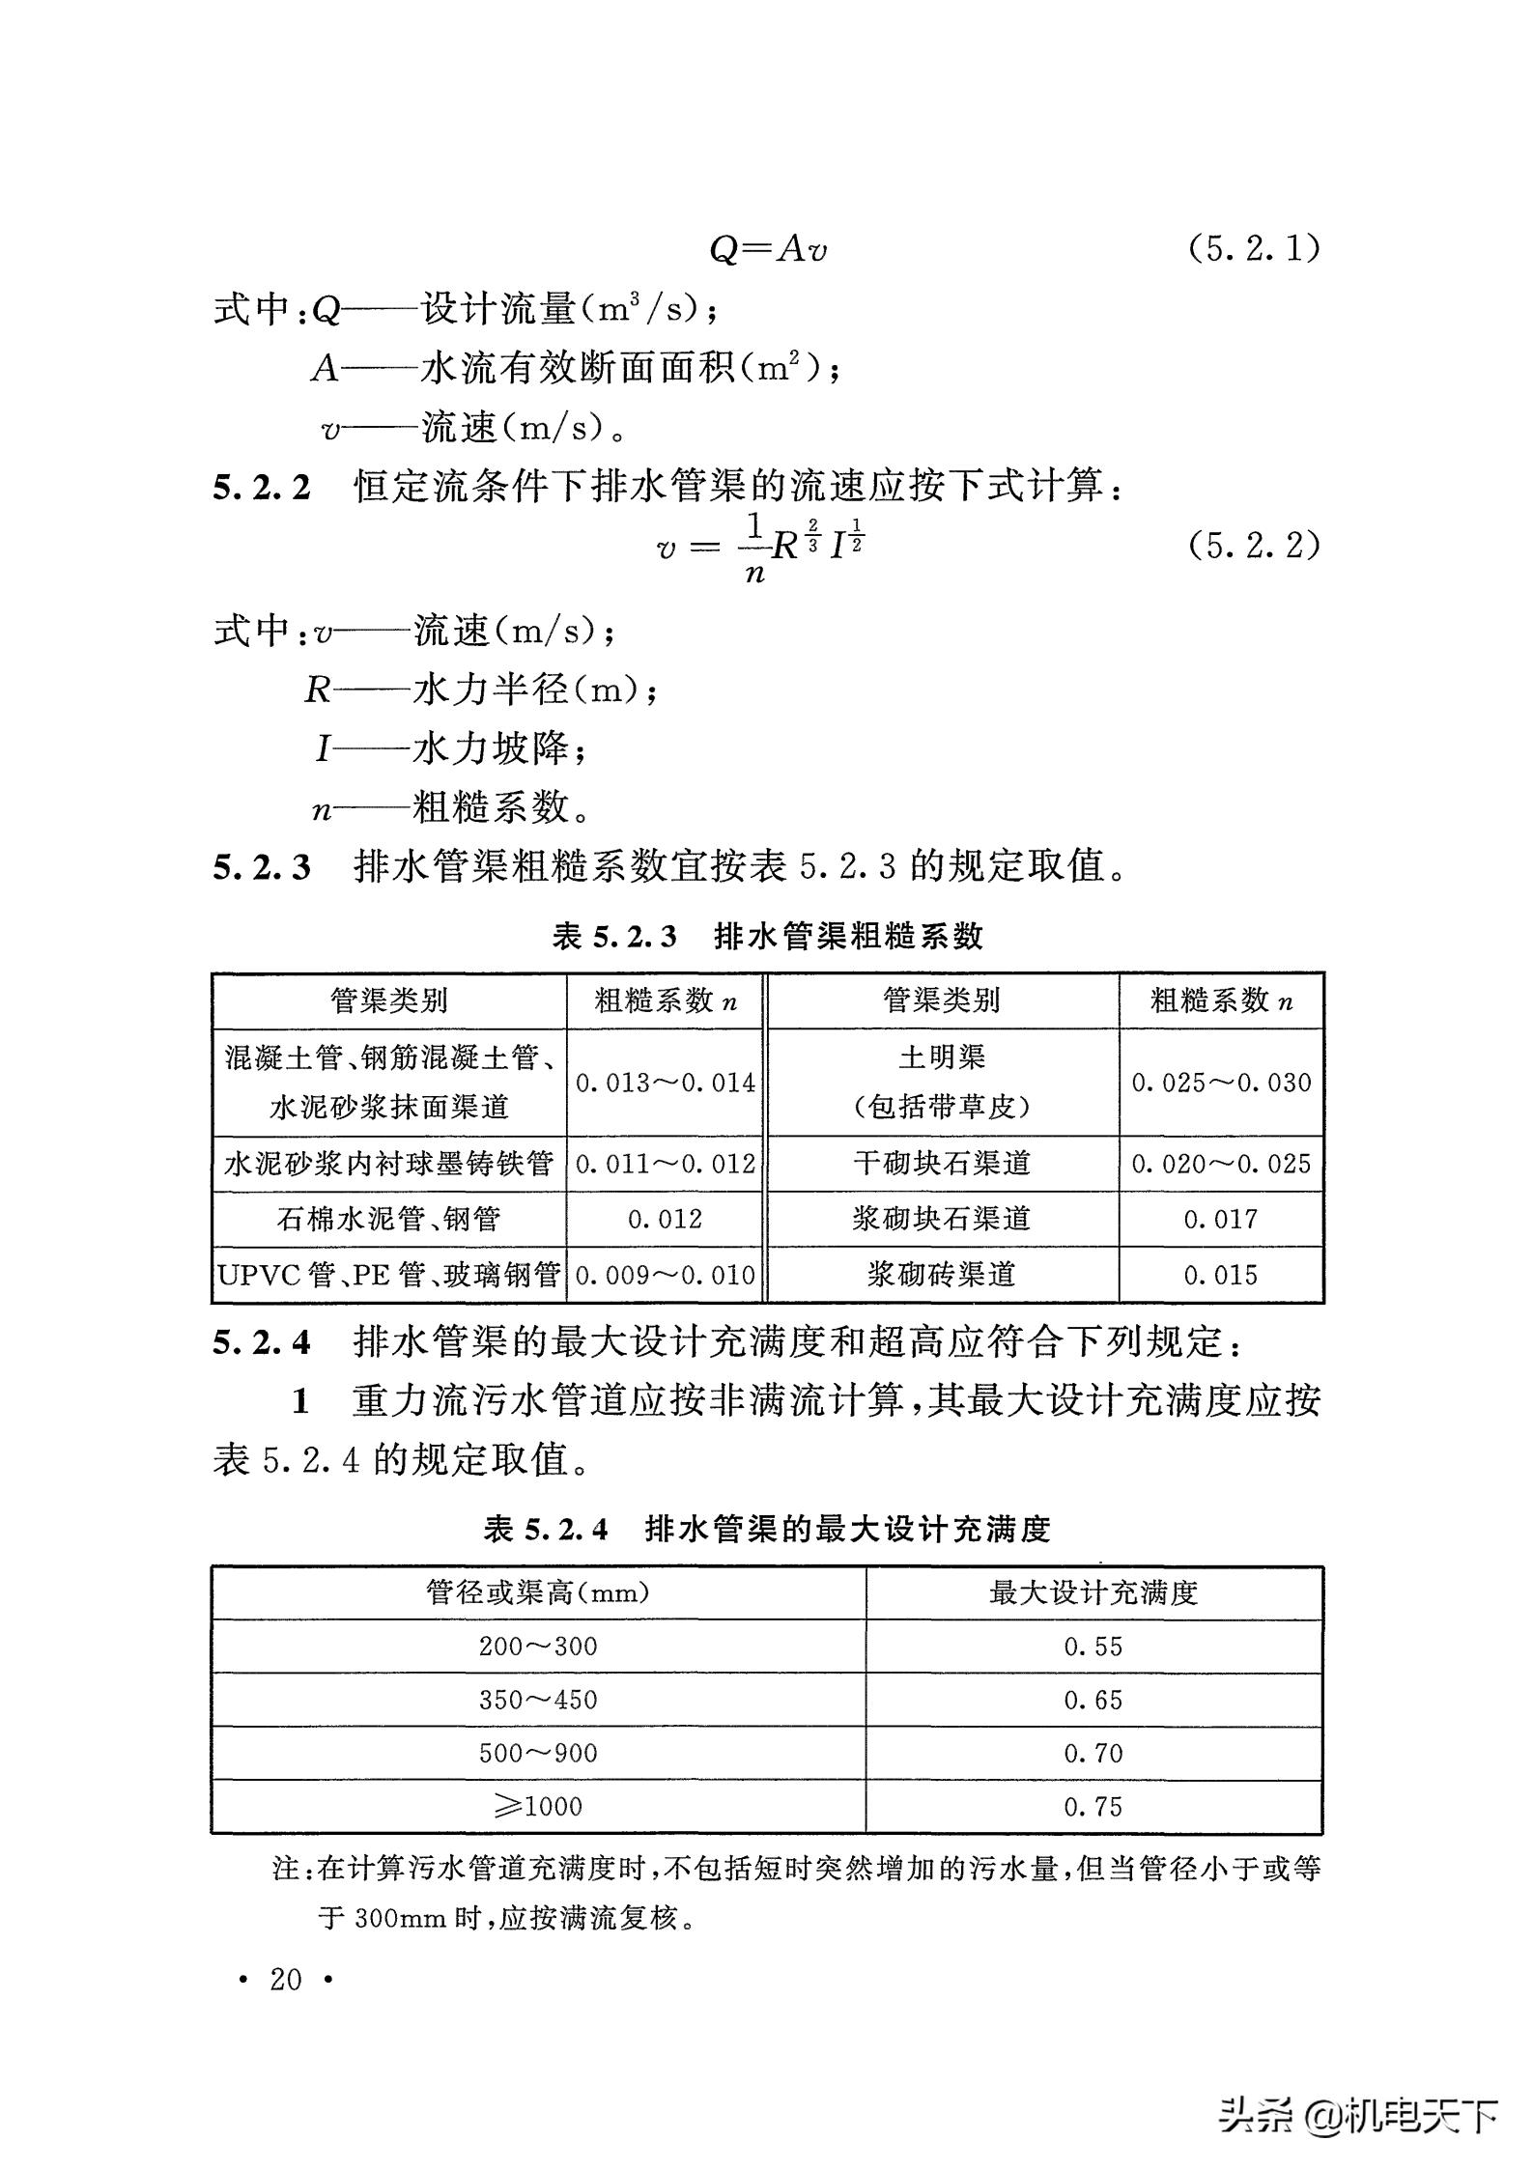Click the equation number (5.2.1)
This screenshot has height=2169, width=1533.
click(1253, 249)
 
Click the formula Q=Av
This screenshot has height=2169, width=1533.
click(768, 249)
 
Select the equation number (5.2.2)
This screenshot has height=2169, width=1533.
click(1253, 547)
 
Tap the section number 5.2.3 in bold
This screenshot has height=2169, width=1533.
click(262, 866)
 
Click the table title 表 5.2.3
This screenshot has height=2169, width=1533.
click(615, 936)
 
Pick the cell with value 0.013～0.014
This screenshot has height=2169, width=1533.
click(666, 1083)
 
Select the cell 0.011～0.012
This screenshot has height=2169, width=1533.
click(666, 1164)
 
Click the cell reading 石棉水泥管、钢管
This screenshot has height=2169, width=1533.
click(389, 1219)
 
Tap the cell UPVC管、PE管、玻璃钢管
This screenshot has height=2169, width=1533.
click(389, 1275)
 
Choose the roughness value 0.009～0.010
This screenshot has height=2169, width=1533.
click(666, 1275)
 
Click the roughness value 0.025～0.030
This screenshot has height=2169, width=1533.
click(1221, 1083)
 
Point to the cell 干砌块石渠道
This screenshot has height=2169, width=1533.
click(942, 1164)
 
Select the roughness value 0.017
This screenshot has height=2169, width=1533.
click(1221, 1219)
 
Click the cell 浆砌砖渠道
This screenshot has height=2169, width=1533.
click(942, 1275)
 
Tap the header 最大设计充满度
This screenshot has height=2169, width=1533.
click(1093, 1592)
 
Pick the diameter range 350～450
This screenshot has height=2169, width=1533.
click(538, 1700)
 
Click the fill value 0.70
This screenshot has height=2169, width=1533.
click(1093, 1753)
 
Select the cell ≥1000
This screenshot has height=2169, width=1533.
click(538, 1807)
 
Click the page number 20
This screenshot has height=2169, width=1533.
click(286, 1980)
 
